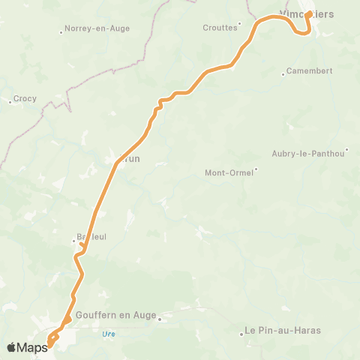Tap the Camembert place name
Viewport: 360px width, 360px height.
(x=310, y=71)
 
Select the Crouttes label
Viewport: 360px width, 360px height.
(x=220, y=28)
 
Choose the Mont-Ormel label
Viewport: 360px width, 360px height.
(x=229, y=172)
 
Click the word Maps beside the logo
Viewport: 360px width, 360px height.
(x=33, y=346)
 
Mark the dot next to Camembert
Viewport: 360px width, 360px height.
(x=283, y=73)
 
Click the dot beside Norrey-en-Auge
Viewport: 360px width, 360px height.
(x=61, y=31)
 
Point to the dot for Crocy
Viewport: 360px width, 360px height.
(x=10, y=101)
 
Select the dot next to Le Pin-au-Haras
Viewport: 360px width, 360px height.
(x=240, y=334)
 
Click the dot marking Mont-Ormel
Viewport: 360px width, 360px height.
(x=256, y=169)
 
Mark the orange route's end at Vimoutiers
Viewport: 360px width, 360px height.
(x=309, y=13)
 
